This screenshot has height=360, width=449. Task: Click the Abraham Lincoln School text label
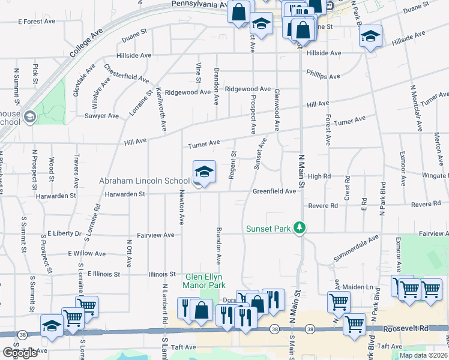144,181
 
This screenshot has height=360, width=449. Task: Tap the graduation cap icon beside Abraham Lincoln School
204,172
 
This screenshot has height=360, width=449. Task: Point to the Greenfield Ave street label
274,191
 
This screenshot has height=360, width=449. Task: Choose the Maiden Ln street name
358,287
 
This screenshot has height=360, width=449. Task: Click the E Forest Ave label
37,22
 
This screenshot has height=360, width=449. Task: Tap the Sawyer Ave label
101,116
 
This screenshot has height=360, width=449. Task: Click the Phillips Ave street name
323,76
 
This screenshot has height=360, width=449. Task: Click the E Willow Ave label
87,254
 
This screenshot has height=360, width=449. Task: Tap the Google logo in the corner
20,353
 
